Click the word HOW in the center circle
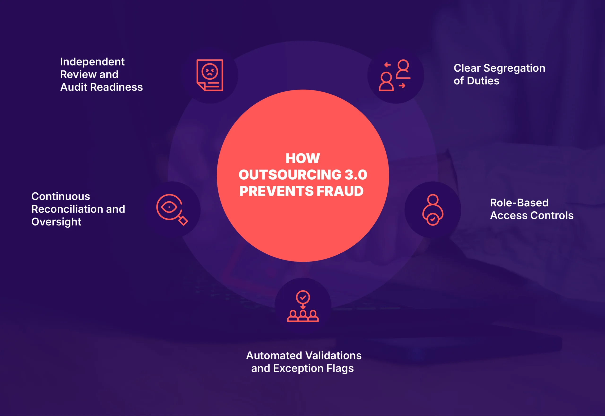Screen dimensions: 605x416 coord(302,158)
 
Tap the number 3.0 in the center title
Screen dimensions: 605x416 coord(356,175)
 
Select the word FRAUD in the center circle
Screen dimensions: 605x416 coord(340,191)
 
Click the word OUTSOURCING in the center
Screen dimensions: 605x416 coord(290,175)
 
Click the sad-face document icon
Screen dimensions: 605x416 coord(210,75)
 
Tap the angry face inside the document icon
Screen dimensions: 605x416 coord(210,71)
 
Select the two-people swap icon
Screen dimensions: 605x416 coord(395,75)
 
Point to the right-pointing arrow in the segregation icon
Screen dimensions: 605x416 coord(402,86)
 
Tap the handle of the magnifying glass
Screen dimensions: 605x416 coord(183,220)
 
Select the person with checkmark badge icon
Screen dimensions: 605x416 coord(433,210)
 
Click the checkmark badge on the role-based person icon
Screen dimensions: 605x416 coord(433,219)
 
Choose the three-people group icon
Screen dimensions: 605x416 coord(303,306)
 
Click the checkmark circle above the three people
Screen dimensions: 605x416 coord(303,297)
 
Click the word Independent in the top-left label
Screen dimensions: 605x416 coord(92,62)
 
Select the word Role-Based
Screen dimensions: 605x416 coord(519,203)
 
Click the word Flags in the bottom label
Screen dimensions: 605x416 coord(340,368)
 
